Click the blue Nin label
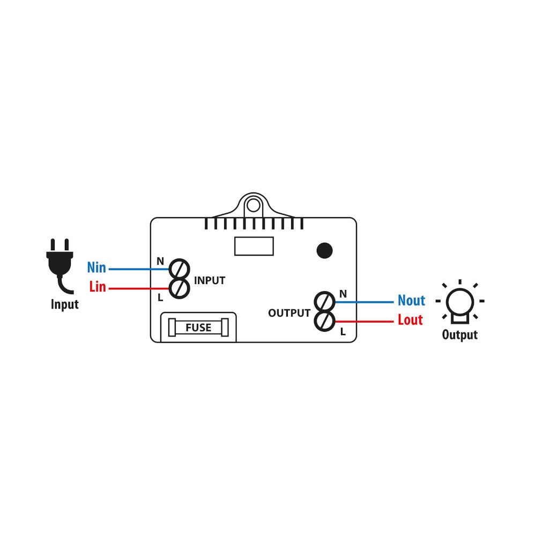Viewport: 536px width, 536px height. (x=96, y=267)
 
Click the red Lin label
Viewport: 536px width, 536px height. (x=98, y=286)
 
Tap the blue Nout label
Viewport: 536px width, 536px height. (x=411, y=301)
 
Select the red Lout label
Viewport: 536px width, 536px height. (x=410, y=319)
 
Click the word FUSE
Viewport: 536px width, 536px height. (x=198, y=327)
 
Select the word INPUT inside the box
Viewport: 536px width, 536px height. (x=210, y=281)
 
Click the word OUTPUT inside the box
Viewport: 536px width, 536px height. (x=289, y=313)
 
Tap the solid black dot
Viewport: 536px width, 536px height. (x=324, y=250)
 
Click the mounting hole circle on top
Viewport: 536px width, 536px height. (x=254, y=205)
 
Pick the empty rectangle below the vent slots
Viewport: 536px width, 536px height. (x=254, y=246)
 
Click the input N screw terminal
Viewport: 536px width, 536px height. (x=180, y=269)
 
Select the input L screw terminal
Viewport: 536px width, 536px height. (x=180, y=288)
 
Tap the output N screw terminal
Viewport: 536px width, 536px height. (x=324, y=302)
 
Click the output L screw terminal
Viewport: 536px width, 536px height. (x=324, y=321)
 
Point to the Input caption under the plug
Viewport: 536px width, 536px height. (x=65, y=304)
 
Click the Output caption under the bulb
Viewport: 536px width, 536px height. (x=460, y=334)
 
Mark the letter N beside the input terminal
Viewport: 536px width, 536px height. (x=160, y=262)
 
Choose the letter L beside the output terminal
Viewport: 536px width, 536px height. (x=343, y=332)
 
